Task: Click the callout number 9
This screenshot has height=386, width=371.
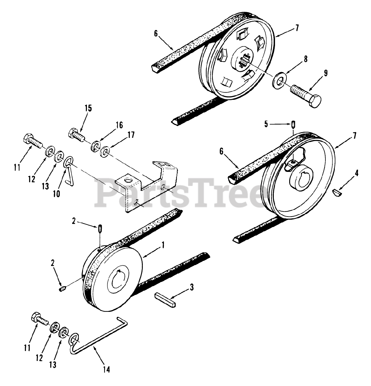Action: [318, 73]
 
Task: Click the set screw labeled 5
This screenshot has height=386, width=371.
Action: [293, 124]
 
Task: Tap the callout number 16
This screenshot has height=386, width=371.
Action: [119, 125]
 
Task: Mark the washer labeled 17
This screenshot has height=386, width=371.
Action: [106, 150]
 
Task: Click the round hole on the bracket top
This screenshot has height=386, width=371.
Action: [129, 182]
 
